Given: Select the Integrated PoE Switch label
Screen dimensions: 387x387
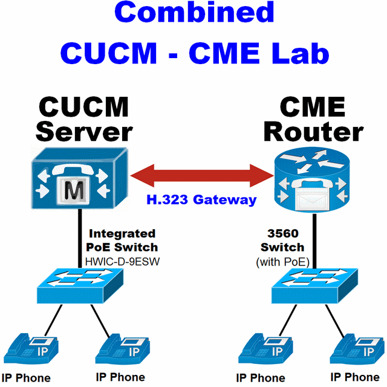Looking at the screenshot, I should pyautogui.click(x=123, y=240).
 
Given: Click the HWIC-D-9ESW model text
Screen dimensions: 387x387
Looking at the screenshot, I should pyautogui.click(x=123, y=261).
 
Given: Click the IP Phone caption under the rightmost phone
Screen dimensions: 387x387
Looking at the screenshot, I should pyautogui.click(x=356, y=378).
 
